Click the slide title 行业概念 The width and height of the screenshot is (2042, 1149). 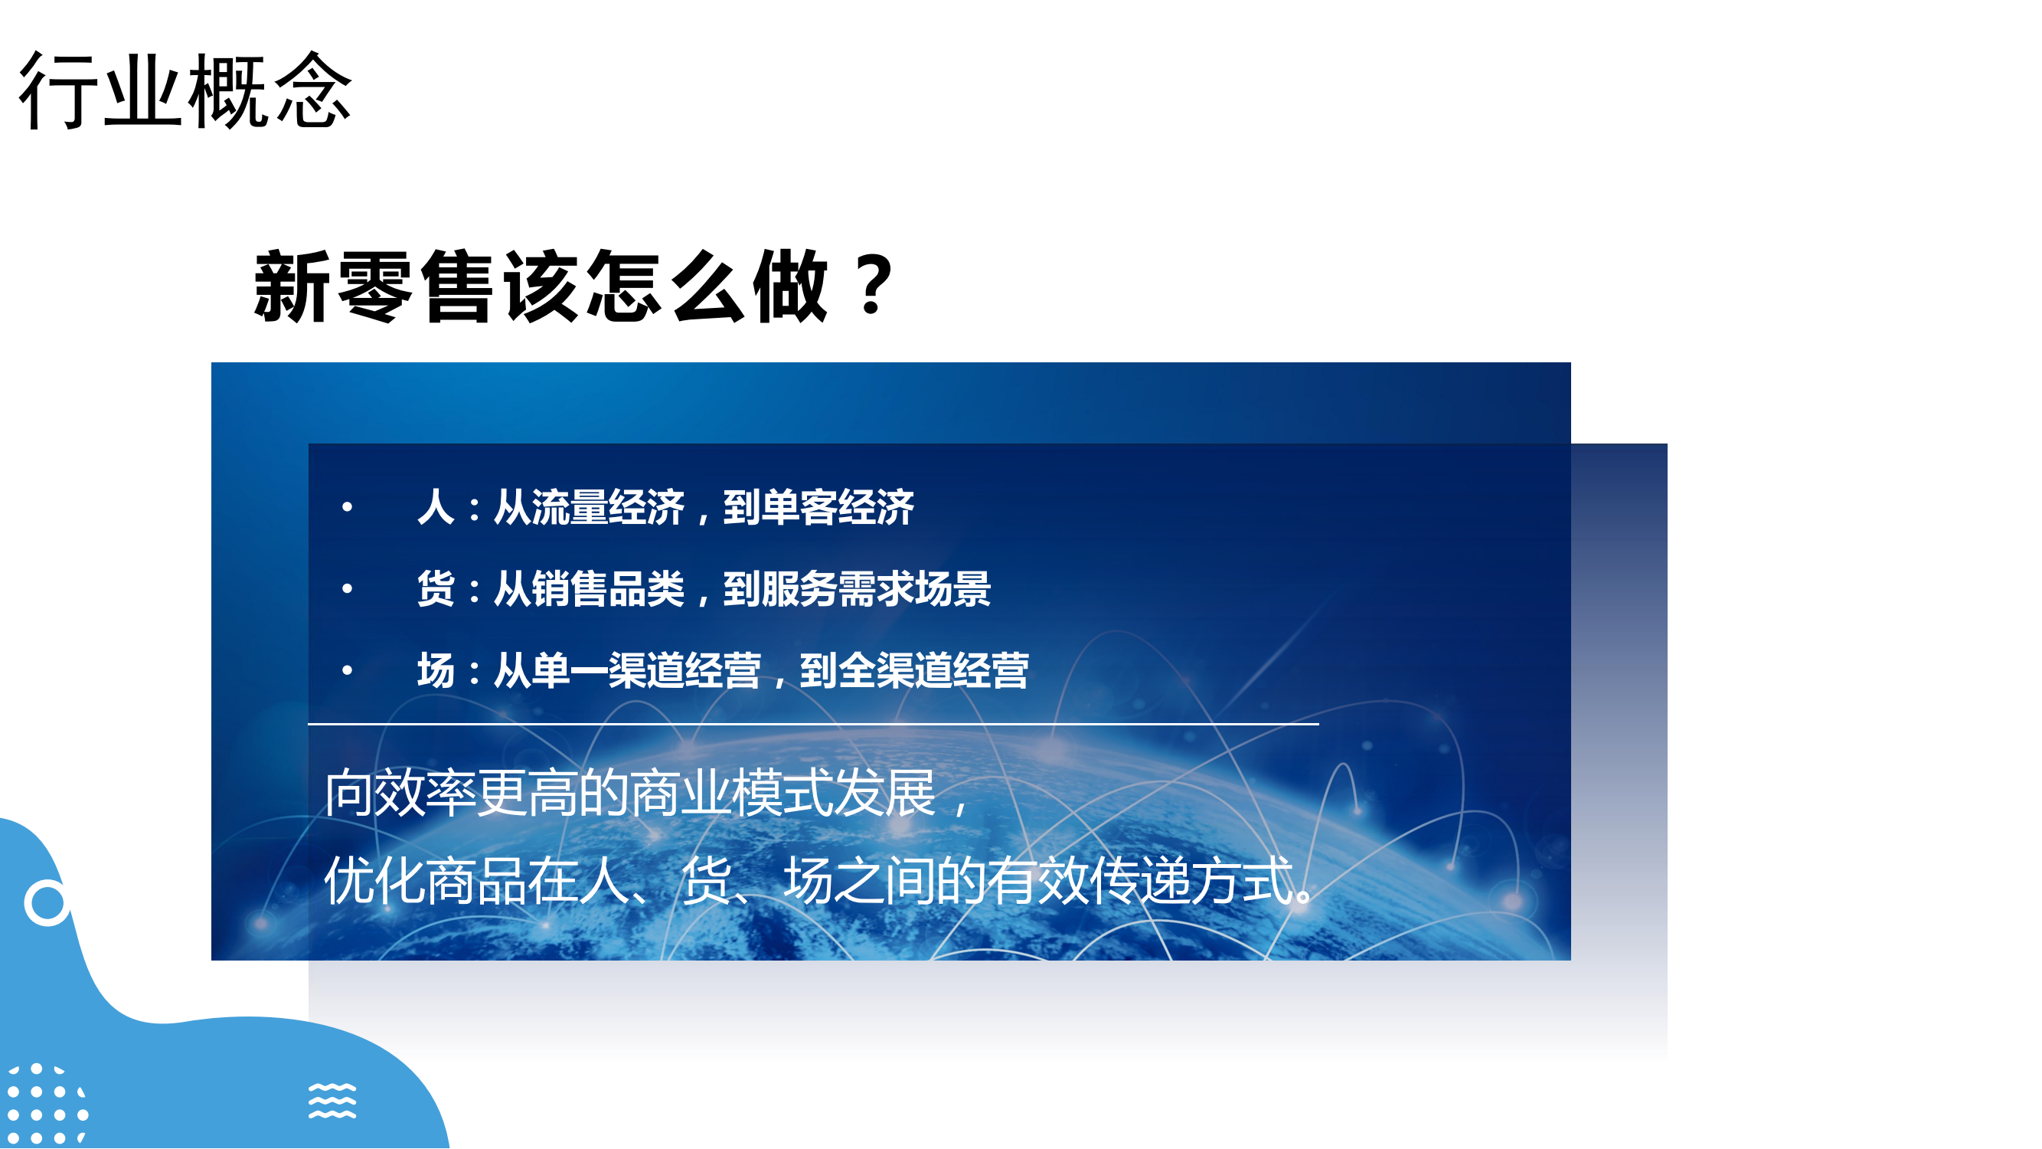pos(185,90)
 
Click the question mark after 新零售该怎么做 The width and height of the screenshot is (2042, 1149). pos(874,285)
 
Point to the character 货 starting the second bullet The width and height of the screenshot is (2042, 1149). pos(436,588)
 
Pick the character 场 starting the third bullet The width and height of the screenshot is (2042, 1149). pos(436,671)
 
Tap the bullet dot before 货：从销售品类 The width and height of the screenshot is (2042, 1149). pos(347,588)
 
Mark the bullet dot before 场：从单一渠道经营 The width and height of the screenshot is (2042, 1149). pos(347,671)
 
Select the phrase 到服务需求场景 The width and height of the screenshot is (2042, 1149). pos(857,588)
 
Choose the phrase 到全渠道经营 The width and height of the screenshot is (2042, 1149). pos(915,671)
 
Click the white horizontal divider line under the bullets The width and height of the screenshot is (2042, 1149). pos(813,724)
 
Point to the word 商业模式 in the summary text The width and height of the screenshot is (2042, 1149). pos(731,793)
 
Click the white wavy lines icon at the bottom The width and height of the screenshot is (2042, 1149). pos(332,1101)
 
